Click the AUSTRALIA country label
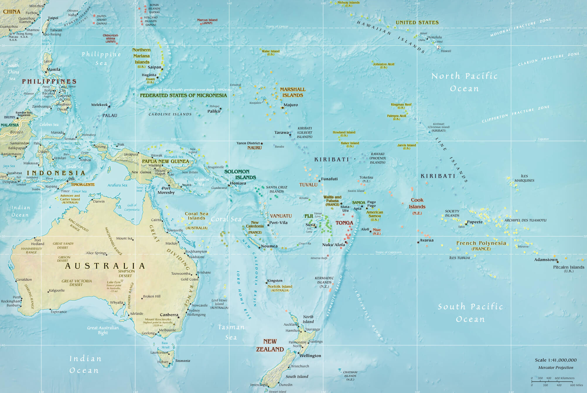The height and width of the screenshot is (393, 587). (105, 266)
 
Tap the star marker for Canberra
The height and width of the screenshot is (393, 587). (178, 317)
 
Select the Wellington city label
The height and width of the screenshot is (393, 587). (310, 356)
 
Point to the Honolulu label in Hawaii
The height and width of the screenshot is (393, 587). (435, 37)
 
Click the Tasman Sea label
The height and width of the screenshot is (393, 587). (231, 332)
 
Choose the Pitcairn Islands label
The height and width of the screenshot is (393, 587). (569, 267)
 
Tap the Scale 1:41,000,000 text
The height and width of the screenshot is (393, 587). (556, 360)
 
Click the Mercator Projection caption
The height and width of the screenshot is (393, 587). (556, 368)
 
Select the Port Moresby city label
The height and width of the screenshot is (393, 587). (166, 190)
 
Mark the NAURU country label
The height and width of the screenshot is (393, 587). (254, 148)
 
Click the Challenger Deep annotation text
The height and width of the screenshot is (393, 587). (189, 90)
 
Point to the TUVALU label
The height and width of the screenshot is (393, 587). (308, 185)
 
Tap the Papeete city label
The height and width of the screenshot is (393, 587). (475, 222)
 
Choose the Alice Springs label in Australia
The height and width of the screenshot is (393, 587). (96, 253)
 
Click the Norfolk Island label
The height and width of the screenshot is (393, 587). (280, 287)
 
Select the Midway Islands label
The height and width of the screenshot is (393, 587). (348, 3)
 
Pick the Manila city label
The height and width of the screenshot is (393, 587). (53, 69)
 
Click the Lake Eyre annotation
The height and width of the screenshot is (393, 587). (114, 282)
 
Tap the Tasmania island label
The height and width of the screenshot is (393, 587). (182, 361)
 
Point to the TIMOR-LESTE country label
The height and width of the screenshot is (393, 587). (83, 185)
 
